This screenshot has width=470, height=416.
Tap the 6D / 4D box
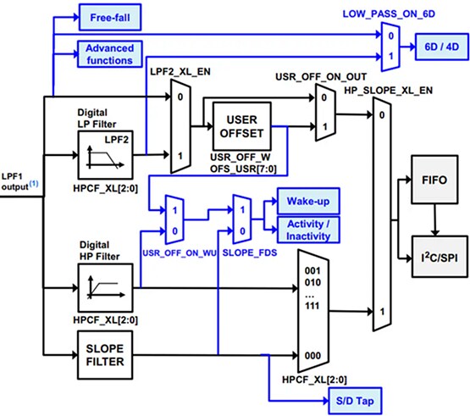click(438, 47)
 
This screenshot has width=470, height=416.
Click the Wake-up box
click(307, 202)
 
